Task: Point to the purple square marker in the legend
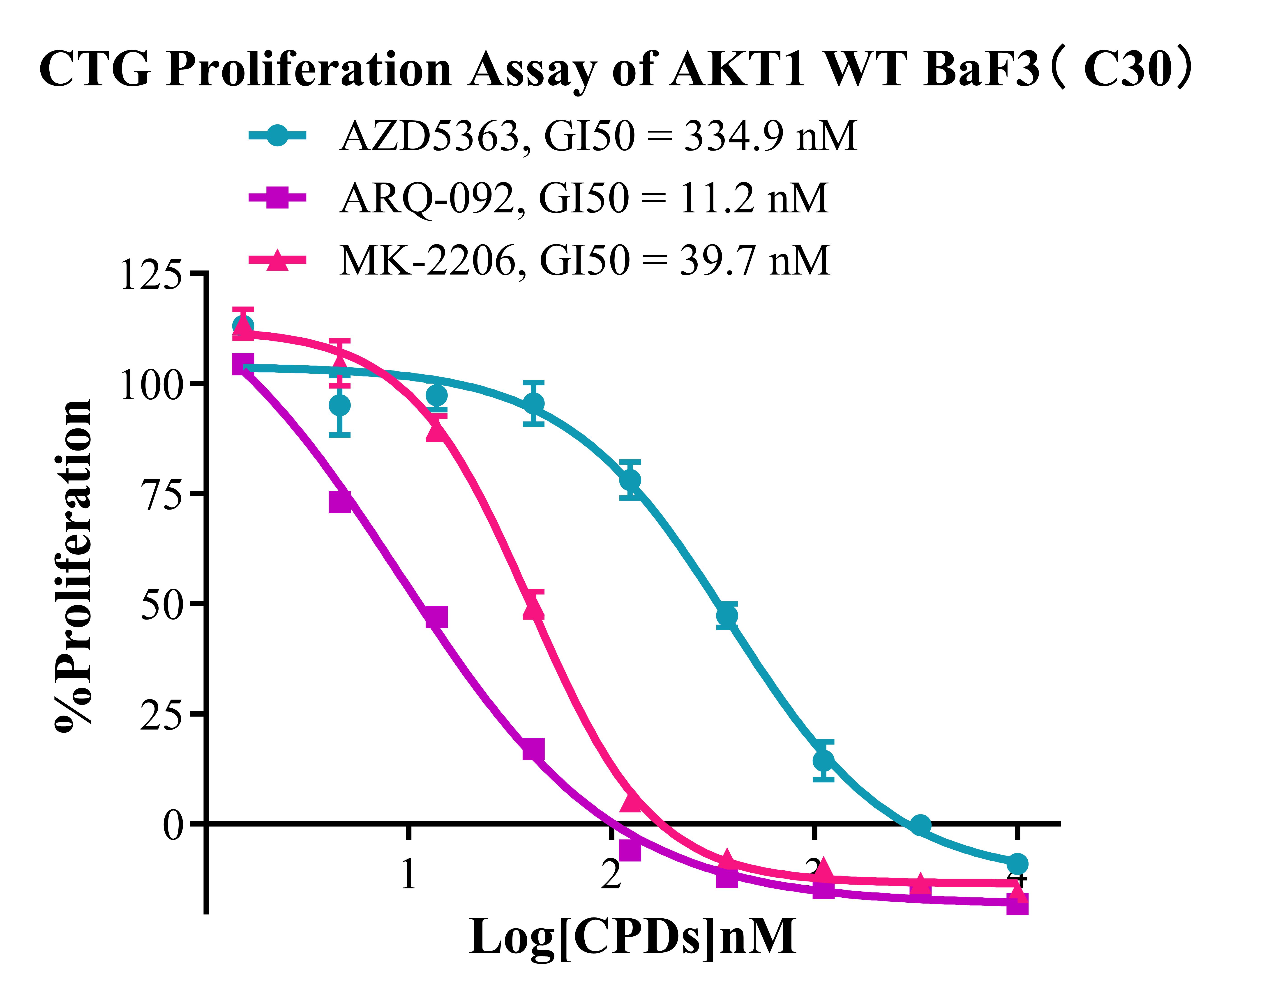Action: click(x=277, y=198)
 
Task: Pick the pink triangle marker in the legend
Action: click(x=277, y=260)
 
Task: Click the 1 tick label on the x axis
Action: click(x=408, y=875)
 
